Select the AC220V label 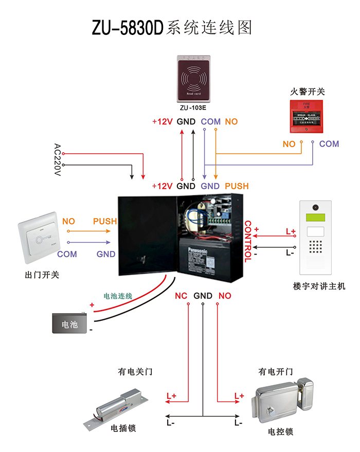tap(58, 159)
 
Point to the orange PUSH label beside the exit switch tap(104, 222)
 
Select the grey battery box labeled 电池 tap(69, 323)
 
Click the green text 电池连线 tap(118, 296)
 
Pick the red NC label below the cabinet tap(181, 296)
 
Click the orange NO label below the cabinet tap(225, 296)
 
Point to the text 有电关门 tap(135, 371)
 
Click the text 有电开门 tap(276, 371)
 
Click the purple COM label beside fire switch tap(329, 144)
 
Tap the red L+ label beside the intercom tap(290, 232)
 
